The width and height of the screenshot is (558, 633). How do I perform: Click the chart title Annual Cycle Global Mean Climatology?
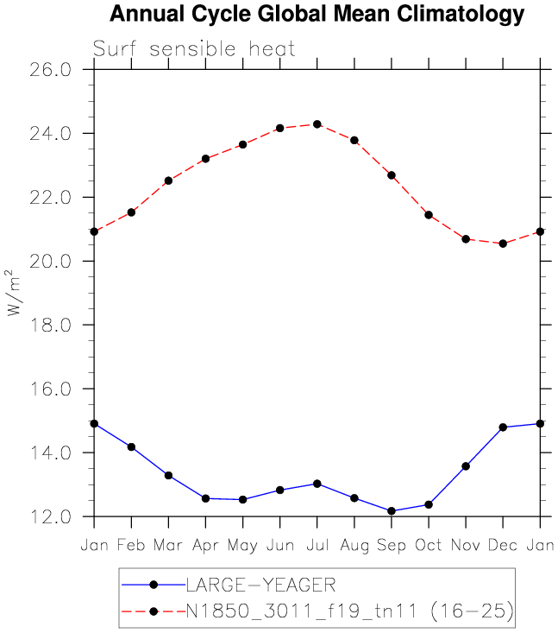point(317,15)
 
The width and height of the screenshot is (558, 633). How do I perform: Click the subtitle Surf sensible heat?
point(194,49)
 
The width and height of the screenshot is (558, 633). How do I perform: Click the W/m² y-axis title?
point(15,293)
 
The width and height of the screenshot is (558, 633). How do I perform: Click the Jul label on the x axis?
point(317,544)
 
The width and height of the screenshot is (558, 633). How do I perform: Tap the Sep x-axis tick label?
point(391,544)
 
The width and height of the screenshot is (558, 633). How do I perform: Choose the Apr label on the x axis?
point(205,544)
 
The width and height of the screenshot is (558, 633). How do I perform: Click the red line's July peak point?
point(317,124)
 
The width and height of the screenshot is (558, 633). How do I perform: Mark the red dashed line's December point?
point(503,244)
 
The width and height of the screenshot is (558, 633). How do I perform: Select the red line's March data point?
point(168,180)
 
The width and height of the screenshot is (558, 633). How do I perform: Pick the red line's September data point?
point(391,175)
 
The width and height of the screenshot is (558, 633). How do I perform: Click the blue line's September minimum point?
point(391,511)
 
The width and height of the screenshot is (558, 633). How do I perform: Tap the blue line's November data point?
point(466,466)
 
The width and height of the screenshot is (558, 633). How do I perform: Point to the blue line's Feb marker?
point(131,446)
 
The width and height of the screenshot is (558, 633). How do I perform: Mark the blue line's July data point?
point(317,484)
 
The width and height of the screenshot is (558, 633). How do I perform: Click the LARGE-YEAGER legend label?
point(255,585)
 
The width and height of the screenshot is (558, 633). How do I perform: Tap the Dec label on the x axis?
point(503,544)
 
